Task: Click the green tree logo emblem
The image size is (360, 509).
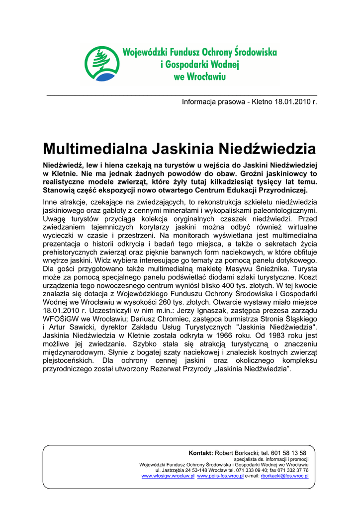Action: tap(102, 64)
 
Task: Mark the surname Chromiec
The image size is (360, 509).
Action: tap(173, 320)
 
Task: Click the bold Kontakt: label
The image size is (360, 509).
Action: tap(201, 453)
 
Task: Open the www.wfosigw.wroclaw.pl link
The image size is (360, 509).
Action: tap(168, 476)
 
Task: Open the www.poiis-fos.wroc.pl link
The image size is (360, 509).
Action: tap(220, 476)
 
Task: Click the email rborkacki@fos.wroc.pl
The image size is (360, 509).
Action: tap(284, 476)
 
